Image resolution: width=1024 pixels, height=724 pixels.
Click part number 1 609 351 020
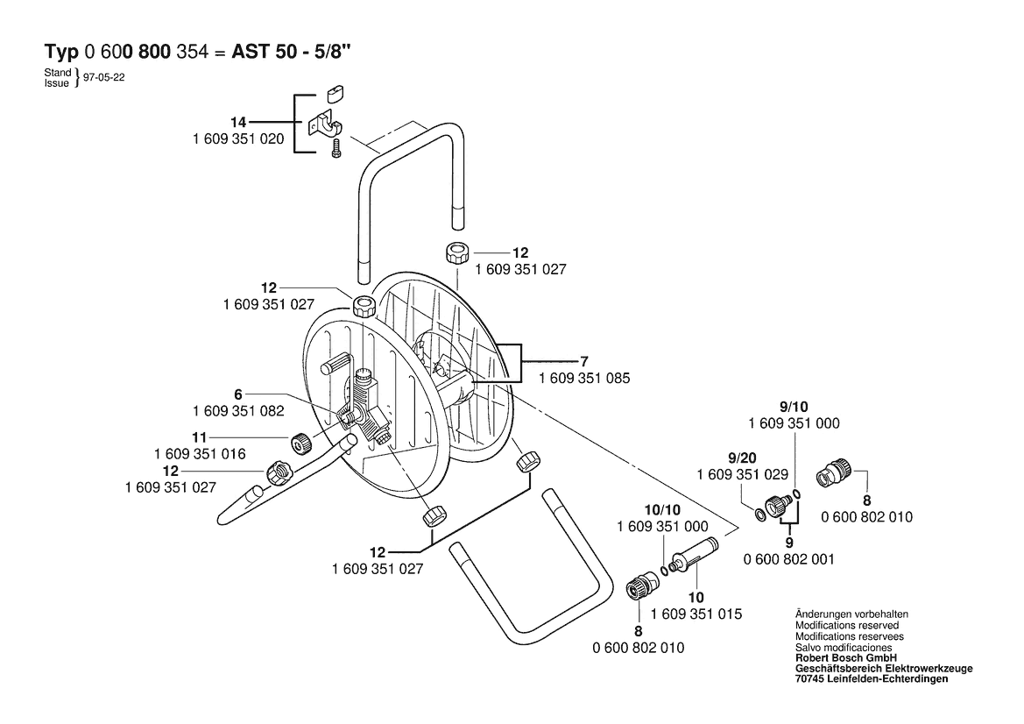237,138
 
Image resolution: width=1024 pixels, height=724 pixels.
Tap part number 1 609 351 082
237,411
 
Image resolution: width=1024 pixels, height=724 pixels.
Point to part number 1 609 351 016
199,454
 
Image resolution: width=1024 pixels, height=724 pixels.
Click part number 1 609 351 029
742,474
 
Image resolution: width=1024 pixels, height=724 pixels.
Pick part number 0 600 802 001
788,559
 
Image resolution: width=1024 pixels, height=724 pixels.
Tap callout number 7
583,361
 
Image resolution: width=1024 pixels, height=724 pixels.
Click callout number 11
199,437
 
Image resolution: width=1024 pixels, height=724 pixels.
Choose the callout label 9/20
742,457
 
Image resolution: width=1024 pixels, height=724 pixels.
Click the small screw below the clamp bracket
335,151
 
